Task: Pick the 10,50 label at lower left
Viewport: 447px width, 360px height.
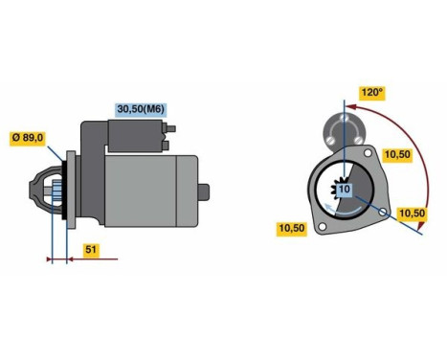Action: point(291,227)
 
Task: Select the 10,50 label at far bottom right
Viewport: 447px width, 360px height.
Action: point(413,214)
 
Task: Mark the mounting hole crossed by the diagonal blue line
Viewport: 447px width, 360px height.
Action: point(384,209)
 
